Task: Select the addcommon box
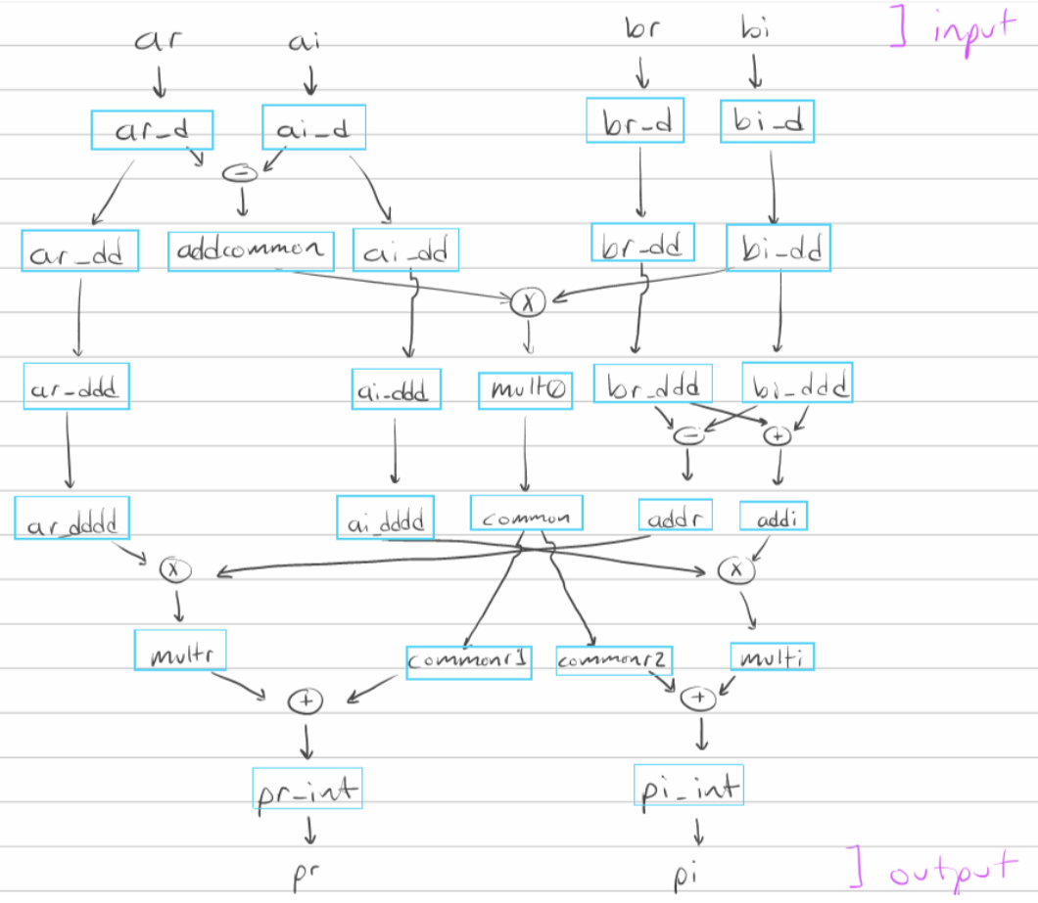click(250, 250)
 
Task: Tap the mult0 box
click(525, 389)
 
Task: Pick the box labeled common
click(526, 516)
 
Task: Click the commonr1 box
click(469, 661)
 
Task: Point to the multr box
click(180, 650)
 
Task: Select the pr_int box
click(307, 788)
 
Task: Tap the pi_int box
click(689, 785)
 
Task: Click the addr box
click(675, 515)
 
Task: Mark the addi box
click(773, 516)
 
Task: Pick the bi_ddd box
click(796, 383)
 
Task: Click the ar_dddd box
click(71, 519)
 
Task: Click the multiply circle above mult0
click(527, 303)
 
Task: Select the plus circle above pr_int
click(305, 700)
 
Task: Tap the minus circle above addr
click(688, 437)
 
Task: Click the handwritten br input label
click(641, 28)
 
